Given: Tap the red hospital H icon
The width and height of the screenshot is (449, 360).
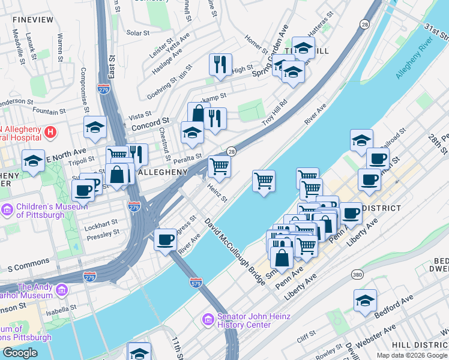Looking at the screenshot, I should pos(51,131).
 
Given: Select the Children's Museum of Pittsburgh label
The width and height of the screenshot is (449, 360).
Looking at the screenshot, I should pos(41,211).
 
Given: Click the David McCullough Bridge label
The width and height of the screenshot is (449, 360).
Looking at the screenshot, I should pos(235,251).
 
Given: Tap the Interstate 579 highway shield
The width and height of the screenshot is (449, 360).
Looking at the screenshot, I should pos(195,281).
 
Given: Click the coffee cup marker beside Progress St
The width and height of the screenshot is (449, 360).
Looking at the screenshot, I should pos(165,239).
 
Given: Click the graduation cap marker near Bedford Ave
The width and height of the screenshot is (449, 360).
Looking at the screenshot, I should pos(365,301).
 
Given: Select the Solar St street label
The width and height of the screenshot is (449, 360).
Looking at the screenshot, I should pos(138,33).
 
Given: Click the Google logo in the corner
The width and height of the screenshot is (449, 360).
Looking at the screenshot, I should pos(20,353).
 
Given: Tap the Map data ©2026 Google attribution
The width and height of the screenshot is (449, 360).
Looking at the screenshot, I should pos(411,355).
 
